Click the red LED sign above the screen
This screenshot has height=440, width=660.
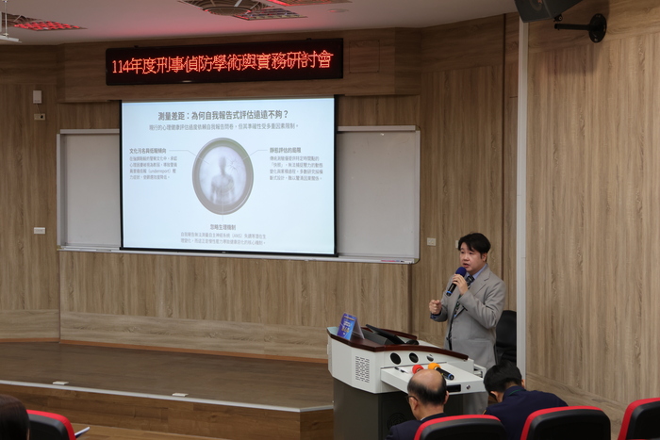click(x=224, y=61)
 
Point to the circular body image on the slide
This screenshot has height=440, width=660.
click(x=223, y=176)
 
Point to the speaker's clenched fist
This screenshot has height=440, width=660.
click(x=436, y=306)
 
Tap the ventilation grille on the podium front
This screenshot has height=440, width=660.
click(x=363, y=368)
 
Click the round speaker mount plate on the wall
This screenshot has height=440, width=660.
click(x=596, y=27)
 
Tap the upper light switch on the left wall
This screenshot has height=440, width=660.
click(x=37, y=96)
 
